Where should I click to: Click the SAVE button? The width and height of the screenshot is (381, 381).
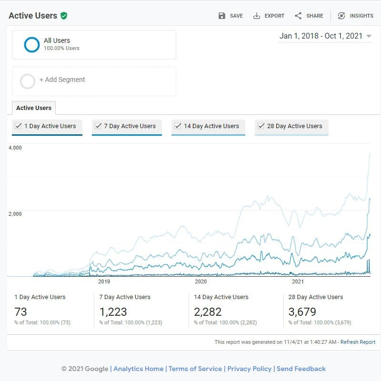(231, 16)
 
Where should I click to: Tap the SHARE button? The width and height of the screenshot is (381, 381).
(309, 16)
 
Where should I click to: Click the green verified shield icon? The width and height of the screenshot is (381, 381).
(64, 16)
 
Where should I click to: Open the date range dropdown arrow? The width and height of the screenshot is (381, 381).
(369, 37)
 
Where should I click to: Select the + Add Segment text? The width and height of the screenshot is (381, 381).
(62, 80)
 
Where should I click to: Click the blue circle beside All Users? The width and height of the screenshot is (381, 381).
(31, 44)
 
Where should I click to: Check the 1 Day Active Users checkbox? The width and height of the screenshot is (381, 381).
(18, 126)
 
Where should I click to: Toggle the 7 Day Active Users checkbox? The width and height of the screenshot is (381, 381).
(98, 126)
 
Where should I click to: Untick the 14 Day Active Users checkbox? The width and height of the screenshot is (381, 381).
(178, 126)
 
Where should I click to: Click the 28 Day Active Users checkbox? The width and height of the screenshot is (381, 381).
(261, 126)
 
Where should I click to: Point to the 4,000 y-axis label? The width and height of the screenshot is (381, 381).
(15, 148)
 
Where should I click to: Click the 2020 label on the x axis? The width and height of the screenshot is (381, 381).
(201, 281)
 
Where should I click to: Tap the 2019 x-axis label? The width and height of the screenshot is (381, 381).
(104, 281)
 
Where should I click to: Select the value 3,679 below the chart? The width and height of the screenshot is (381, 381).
(302, 312)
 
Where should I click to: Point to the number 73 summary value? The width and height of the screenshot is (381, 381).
(20, 312)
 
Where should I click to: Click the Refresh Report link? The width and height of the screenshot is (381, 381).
(358, 342)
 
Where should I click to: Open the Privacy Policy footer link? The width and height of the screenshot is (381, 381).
(249, 369)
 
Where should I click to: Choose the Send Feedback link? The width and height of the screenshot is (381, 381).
(301, 369)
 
